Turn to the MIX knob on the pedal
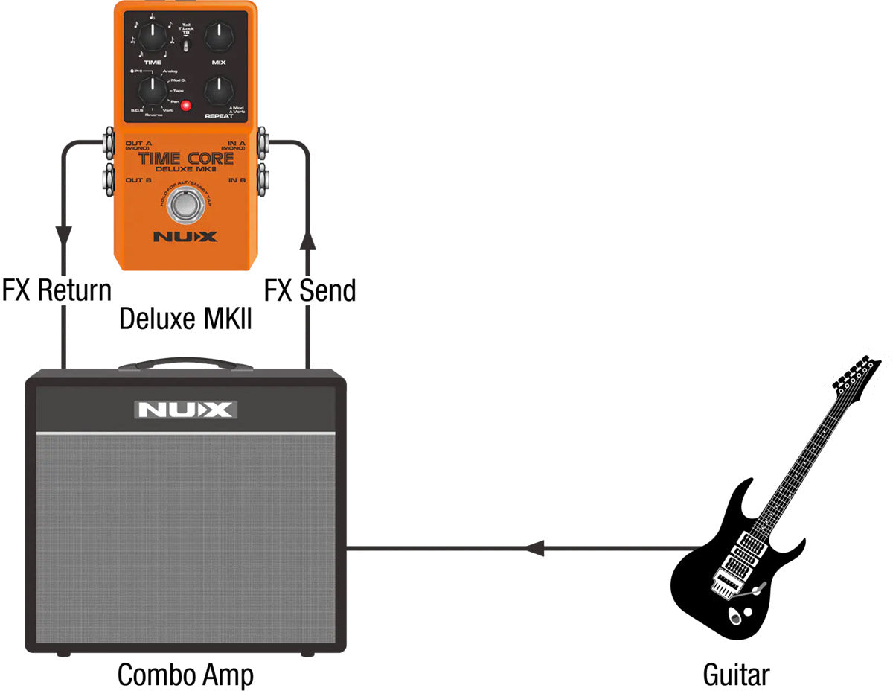(x=219, y=34)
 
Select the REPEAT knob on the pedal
(x=219, y=92)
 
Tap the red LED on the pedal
(x=186, y=106)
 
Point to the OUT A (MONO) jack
(x=106, y=141)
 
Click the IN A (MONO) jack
(x=264, y=141)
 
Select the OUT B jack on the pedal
(x=106, y=179)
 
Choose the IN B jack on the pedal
(x=264, y=179)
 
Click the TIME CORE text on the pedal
(x=185, y=159)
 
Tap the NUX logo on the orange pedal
(x=185, y=237)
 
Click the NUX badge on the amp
(x=186, y=409)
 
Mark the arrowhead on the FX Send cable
(x=307, y=239)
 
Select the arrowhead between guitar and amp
(x=534, y=550)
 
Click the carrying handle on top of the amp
(x=185, y=364)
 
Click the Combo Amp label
(x=185, y=675)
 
